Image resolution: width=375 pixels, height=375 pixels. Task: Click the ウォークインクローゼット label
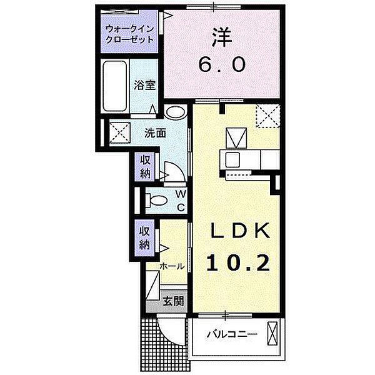point(129,33)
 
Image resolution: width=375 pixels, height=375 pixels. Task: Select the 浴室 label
point(145,86)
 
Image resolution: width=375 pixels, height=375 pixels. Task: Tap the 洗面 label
point(155,132)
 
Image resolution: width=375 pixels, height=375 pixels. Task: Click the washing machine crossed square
point(116,132)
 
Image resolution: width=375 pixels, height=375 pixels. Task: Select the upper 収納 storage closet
point(144,166)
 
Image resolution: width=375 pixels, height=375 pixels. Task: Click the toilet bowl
point(156,200)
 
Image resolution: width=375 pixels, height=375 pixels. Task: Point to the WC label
point(179,201)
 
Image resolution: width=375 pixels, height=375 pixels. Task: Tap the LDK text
point(238,232)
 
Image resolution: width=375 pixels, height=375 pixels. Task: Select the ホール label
point(172,266)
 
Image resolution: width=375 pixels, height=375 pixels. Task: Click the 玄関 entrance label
point(173,301)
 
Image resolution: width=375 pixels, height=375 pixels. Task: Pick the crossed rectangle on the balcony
point(272,333)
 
